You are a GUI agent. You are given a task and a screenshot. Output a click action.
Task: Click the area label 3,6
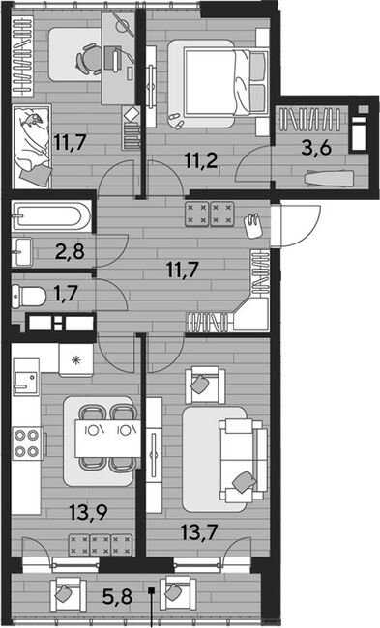pos(317,148)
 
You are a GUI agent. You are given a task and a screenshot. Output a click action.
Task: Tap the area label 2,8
pos(70,252)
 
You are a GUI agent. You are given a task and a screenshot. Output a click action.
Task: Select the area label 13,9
pos(88,513)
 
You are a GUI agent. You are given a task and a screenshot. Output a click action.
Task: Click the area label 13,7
pos(199,532)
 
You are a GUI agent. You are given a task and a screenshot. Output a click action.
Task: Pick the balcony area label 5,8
pos(117,597)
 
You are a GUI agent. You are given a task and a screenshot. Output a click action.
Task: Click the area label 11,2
pos(201,161)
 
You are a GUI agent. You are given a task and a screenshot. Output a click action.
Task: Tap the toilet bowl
pos(28,297)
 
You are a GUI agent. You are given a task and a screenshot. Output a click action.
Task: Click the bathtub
pos(52,216)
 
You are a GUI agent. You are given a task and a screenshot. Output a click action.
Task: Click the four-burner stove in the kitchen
pos(26,443)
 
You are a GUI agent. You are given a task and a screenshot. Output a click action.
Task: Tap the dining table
pos(107,439)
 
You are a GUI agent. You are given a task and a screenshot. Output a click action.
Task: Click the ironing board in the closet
pos(330,178)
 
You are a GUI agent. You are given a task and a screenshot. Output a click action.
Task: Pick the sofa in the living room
pos(244,461)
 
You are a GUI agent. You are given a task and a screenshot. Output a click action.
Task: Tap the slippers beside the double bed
pos(175,120)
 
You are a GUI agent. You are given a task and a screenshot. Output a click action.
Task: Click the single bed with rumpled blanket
pos(32,147)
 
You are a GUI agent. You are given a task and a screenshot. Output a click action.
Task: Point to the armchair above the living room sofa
pos(205,385)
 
